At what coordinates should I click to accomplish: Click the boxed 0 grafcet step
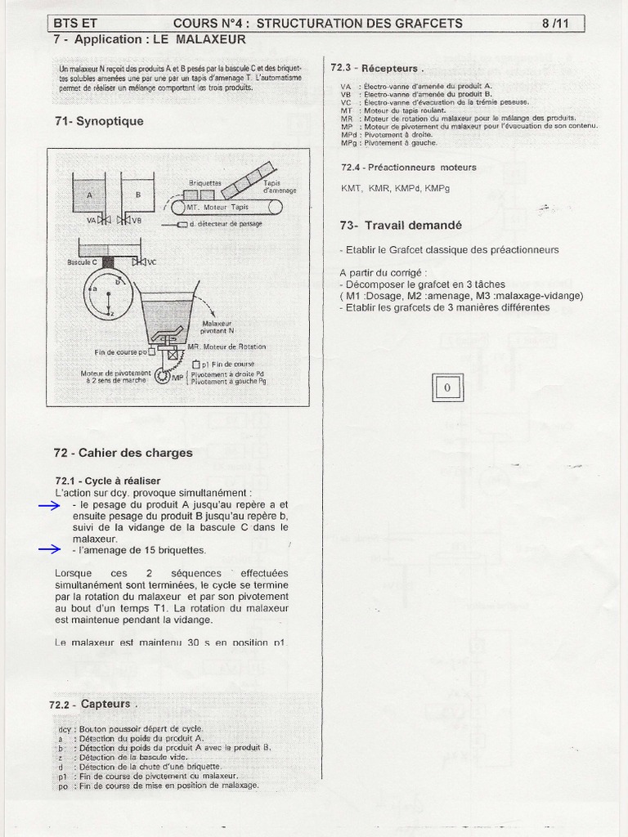pos(446,387)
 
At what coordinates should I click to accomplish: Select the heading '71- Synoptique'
pos(98,121)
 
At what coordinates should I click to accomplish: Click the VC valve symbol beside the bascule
pos(140,262)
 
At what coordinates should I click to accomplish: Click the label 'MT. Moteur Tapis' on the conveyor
pos(217,208)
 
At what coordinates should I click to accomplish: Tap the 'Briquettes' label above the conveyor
pos(204,183)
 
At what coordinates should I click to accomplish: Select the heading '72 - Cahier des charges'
pos(123,452)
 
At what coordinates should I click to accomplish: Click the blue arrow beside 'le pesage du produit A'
pos(49,506)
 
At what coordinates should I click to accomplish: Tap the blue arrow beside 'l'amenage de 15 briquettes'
pos(49,550)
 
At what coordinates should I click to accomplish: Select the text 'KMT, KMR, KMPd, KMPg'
pos(395,188)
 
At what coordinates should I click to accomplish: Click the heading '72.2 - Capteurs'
pos(89,704)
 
